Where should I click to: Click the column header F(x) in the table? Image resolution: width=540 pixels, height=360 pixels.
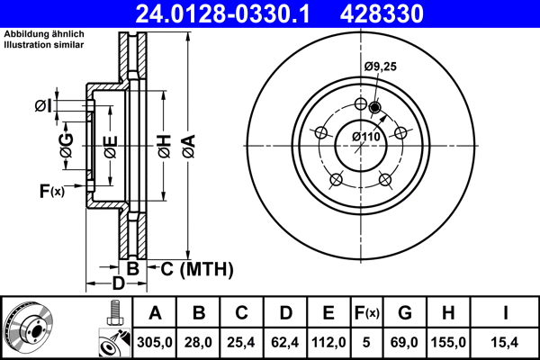pyautogui.click(x=367, y=313)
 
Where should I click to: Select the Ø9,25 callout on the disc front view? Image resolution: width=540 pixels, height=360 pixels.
pyautogui.click(x=382, y=66)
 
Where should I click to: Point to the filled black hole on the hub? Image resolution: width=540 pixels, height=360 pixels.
pyautogui.click(x=375, y=109)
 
